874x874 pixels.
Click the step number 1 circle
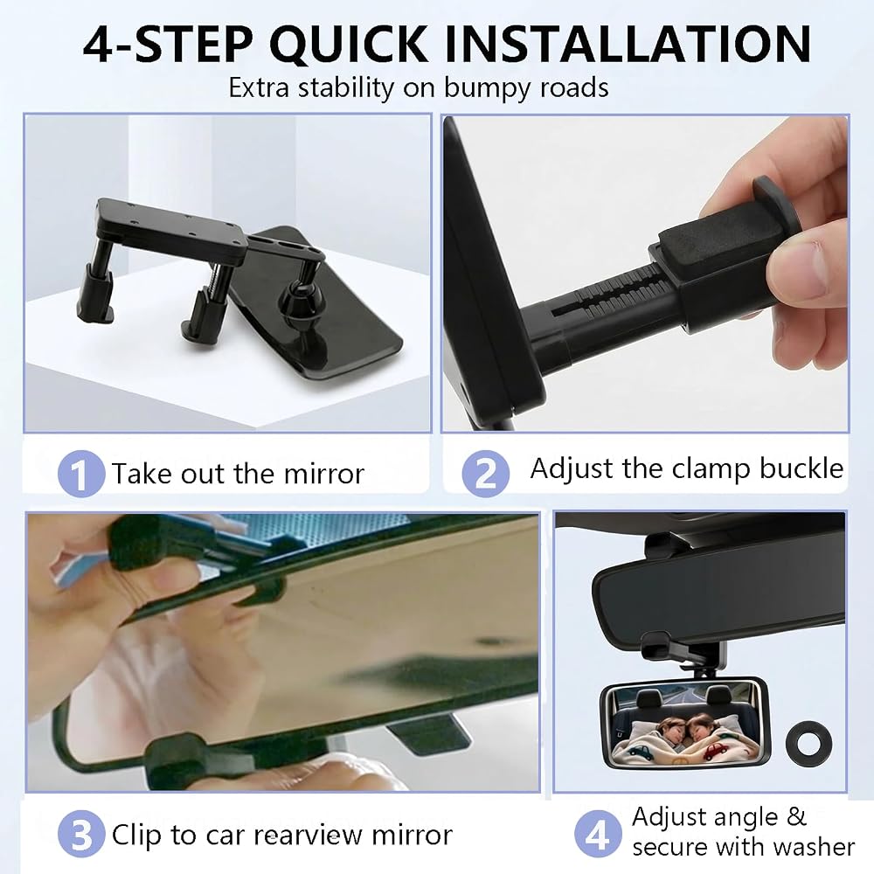[80, 474]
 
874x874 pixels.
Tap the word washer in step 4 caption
[815, 847]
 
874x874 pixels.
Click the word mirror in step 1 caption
[324, 474]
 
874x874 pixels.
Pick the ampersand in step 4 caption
[797, 817]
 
